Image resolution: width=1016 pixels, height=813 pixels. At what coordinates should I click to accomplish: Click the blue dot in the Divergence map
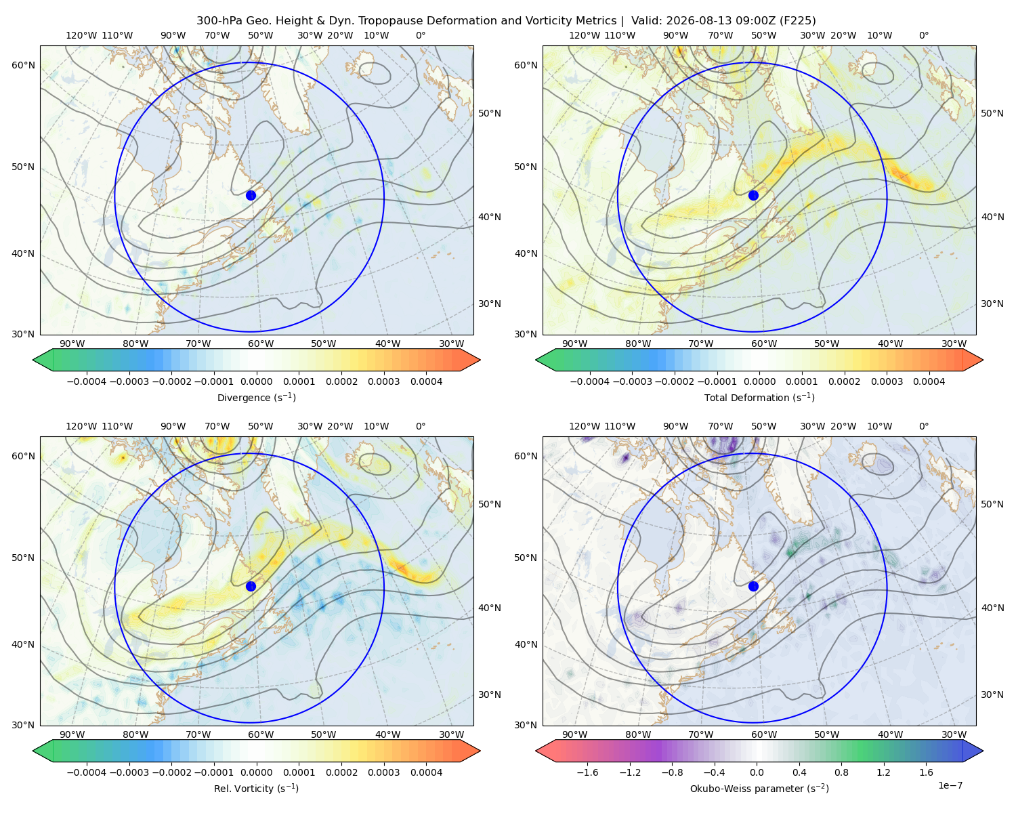point(251,195)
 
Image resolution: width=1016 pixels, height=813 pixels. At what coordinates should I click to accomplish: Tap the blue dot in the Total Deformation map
point(753,195)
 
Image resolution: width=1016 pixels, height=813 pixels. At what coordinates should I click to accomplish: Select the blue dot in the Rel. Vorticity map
point(251,586)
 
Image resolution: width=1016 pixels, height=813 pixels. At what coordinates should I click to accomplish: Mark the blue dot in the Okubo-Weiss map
point(753,586)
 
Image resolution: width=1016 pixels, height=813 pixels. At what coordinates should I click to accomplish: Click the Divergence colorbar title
point(256,397)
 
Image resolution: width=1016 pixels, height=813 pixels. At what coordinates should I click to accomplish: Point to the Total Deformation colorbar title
point(759,397)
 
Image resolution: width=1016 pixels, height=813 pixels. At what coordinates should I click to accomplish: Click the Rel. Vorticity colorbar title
point(256,788)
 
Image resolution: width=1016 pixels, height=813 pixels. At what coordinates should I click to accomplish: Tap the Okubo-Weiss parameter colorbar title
point(759,788)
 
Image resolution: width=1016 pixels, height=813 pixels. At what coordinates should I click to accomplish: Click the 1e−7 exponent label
point(950,785)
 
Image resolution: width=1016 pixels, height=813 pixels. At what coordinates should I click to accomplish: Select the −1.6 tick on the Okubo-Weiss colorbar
point(587,772)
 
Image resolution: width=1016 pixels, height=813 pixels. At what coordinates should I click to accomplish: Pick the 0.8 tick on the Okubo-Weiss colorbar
point(841,772)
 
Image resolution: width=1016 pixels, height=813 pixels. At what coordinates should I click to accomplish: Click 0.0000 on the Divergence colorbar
point(256,381)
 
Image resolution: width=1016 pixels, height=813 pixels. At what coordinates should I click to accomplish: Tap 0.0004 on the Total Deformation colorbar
point(929,381)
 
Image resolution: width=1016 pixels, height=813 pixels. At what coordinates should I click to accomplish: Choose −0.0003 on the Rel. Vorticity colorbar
point(129,772)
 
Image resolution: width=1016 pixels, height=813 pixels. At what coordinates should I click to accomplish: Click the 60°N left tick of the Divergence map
point(23,65)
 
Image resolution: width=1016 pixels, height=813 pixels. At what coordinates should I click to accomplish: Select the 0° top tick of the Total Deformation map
point(923,35)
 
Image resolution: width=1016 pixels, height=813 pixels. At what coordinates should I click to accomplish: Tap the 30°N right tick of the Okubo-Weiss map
point(992,694)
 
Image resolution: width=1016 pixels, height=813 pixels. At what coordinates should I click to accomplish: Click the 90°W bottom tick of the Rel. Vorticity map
point(72,734)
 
